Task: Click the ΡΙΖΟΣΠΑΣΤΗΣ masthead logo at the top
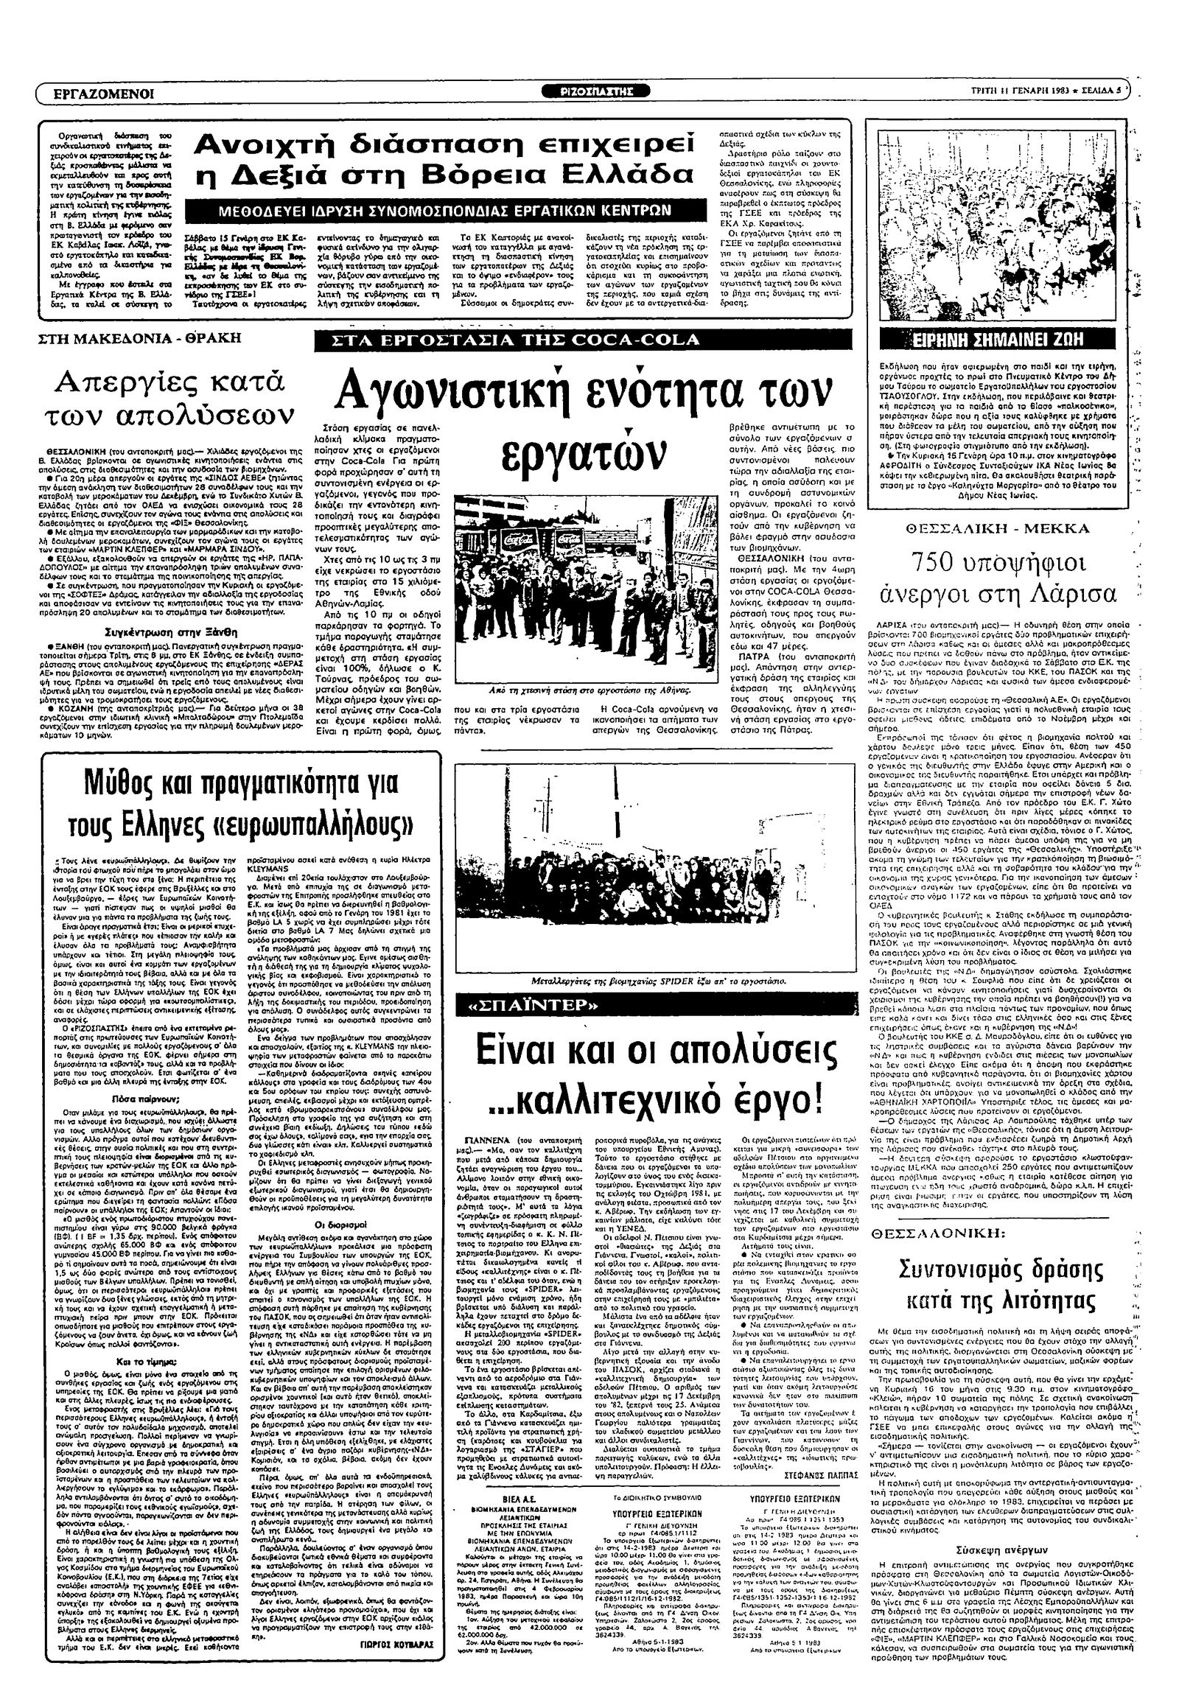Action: click(606, 91)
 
